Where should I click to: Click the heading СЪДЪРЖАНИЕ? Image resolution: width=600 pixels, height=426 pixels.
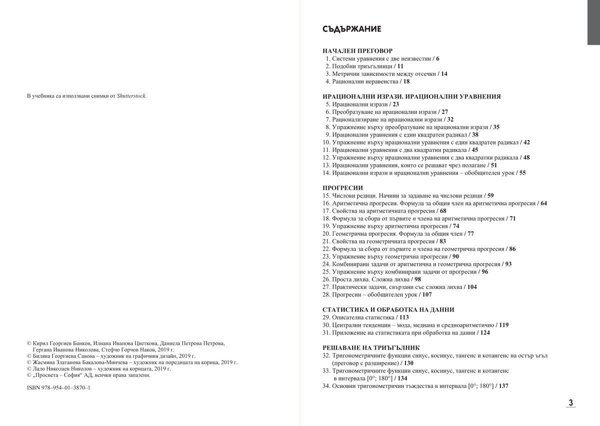tap(352, 29)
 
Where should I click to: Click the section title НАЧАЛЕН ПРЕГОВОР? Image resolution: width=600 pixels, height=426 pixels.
tap(357, 51)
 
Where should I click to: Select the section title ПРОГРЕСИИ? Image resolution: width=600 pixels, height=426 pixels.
tap(342, 188)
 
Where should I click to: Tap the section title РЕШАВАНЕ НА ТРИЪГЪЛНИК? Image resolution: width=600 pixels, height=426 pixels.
tap(371, 347)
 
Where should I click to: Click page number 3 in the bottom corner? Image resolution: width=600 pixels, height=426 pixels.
tap(570, 402)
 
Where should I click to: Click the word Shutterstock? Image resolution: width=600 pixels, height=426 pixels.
tap(131, 96)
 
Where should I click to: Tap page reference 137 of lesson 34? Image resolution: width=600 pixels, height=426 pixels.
tap(503, 386)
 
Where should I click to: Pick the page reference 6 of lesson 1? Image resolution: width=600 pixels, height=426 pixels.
tap(437, 59)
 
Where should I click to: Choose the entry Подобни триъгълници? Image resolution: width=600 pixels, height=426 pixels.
tap(361, 66)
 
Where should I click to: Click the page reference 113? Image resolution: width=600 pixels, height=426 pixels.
tap(404, 317)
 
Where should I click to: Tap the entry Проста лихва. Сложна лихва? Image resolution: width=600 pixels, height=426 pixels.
tap(370, 279)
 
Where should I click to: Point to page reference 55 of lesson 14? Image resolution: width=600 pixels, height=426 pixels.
tap(522, 173)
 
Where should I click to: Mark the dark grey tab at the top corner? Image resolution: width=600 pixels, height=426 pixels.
tap(593, 22)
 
